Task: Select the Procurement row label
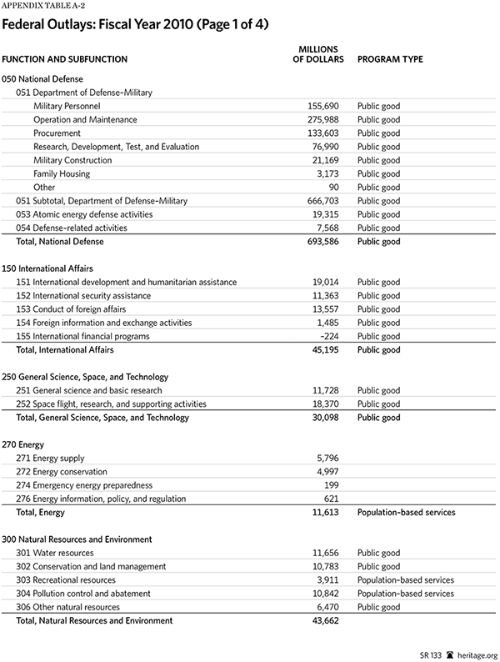[57, 133]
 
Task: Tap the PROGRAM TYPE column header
[389, 59]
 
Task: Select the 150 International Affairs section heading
[47, 268]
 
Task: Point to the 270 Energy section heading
[22, 444]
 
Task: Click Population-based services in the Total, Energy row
[406, 513]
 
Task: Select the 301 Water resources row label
[55, 553]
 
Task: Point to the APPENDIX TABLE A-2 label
[37, 7]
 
